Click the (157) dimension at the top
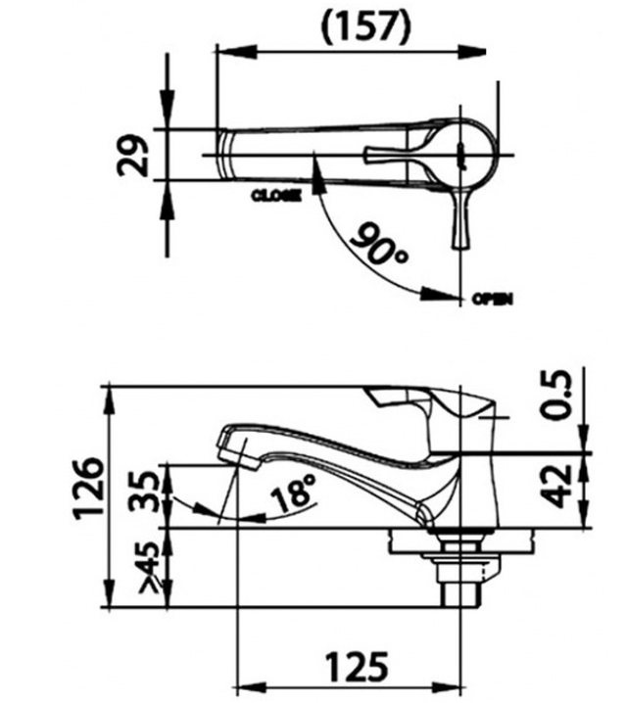click(365, 27)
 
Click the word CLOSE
click(276, 195)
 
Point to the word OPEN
click(492, 299)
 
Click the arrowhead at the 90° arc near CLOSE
click(315, 167)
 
